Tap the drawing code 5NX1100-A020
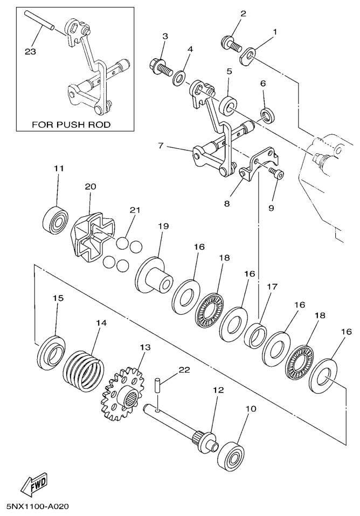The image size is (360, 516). [x=38, y=507]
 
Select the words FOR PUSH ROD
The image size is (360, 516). [x=71, y=125]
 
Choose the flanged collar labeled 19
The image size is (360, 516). [x=155, y=276]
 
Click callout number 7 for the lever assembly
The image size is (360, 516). [x=161, y=146]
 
